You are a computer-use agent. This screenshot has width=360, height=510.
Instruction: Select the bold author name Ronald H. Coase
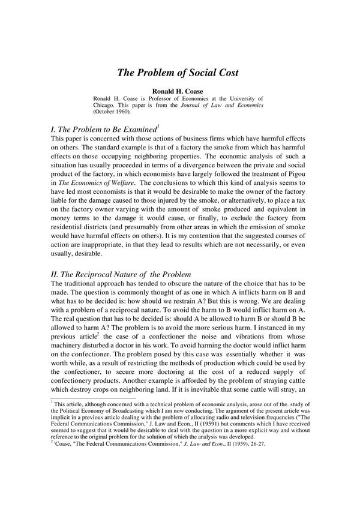178,91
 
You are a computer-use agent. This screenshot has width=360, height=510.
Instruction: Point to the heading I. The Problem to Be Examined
103,129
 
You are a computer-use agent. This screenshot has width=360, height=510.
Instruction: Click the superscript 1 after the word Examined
157,126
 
